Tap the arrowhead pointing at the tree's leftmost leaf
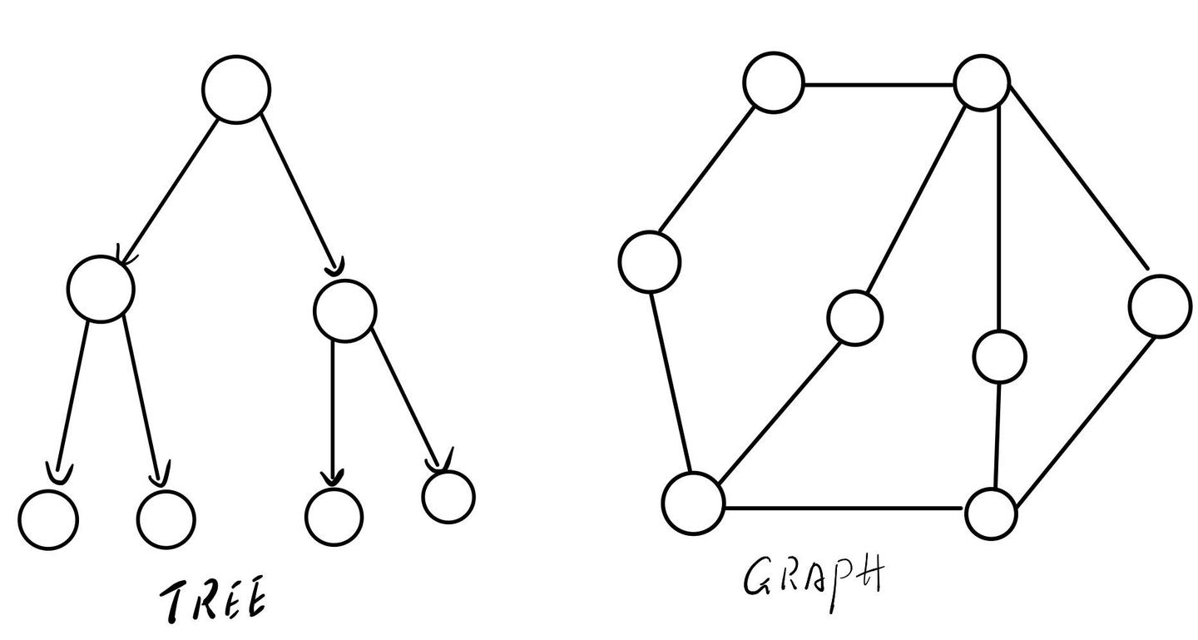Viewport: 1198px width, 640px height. click(x=59, y=474)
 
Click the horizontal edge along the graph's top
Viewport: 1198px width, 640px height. click(x=879, y=85)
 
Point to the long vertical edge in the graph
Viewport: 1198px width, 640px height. click(x=999, y=220)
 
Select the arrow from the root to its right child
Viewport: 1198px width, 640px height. click(x=301, y=195)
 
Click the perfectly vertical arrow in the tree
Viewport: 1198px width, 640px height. click(x=333, y=413)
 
